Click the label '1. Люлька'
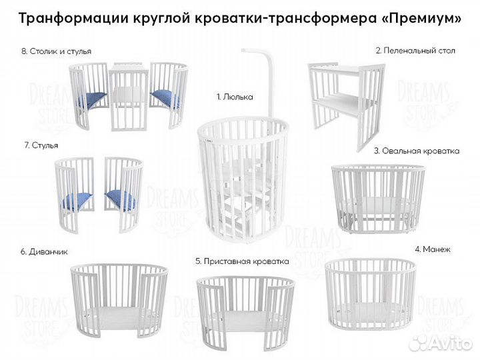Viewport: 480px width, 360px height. click(235, 97)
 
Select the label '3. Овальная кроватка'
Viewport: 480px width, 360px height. click(416, 151)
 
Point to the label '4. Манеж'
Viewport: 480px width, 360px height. click(433, 249)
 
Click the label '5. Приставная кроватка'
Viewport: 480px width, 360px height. click(241, 261)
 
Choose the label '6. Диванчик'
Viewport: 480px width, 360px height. click(43, 252)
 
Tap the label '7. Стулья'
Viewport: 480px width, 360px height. click(39, 145)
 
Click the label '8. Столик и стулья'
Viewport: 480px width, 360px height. click(56, 51)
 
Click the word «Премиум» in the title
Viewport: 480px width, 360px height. click(421, 19)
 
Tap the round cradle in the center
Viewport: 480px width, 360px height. click(232, 177)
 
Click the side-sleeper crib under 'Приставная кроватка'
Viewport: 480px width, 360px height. click(245, 307)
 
